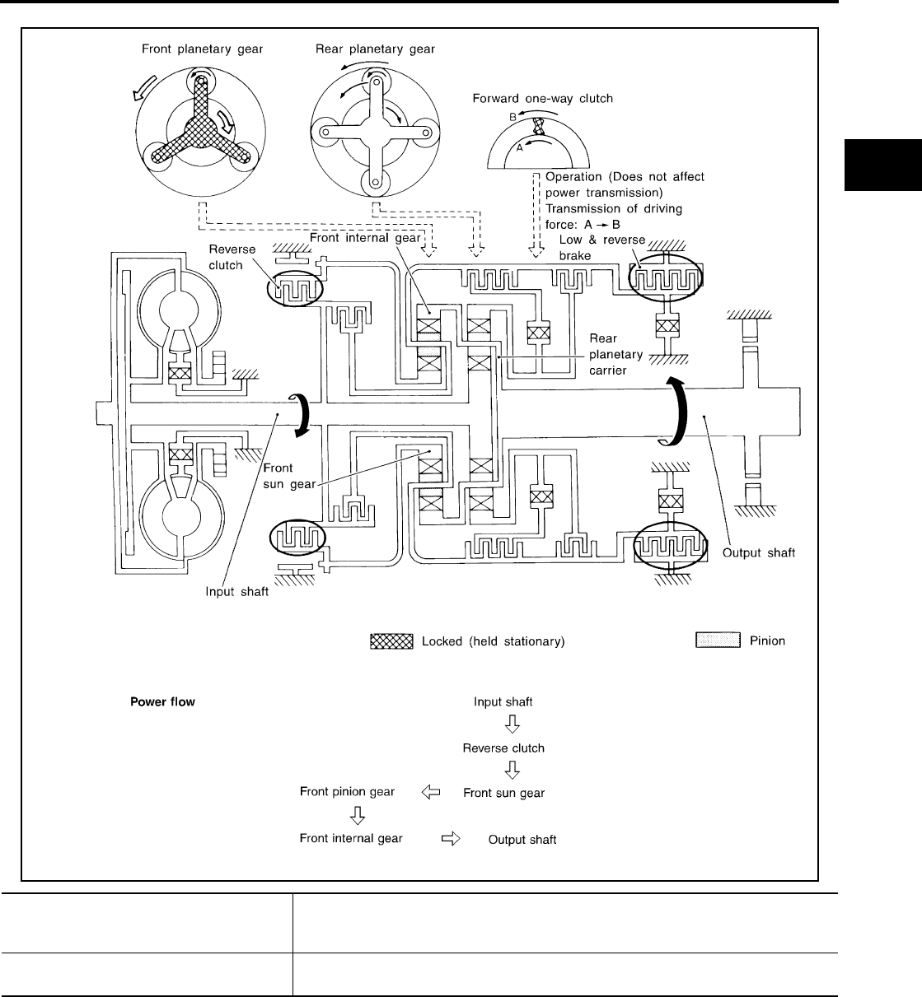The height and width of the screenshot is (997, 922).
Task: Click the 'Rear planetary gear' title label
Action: click(x=375, y=49)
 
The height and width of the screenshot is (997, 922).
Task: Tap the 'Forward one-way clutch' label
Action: click(x=542, y=99)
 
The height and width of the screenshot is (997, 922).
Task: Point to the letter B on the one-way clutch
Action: click(x=512, y=118)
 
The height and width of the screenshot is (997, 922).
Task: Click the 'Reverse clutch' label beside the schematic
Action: click(x=232, y=257)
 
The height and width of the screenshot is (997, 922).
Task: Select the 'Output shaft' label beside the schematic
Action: click(x=758, y=552)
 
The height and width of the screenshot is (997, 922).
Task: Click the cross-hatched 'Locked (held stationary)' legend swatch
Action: click(x=391, y=641)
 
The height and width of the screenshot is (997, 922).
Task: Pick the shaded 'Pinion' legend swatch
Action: click(x=717, y=641)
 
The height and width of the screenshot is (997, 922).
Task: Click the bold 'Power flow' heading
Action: click(x=162, y=703)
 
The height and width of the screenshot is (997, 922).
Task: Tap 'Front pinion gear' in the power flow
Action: click(x=346, y=792)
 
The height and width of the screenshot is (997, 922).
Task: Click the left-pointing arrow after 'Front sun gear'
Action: click(x=430, y=792)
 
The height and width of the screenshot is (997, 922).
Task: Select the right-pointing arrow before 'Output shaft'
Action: click(x=452, y=839)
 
